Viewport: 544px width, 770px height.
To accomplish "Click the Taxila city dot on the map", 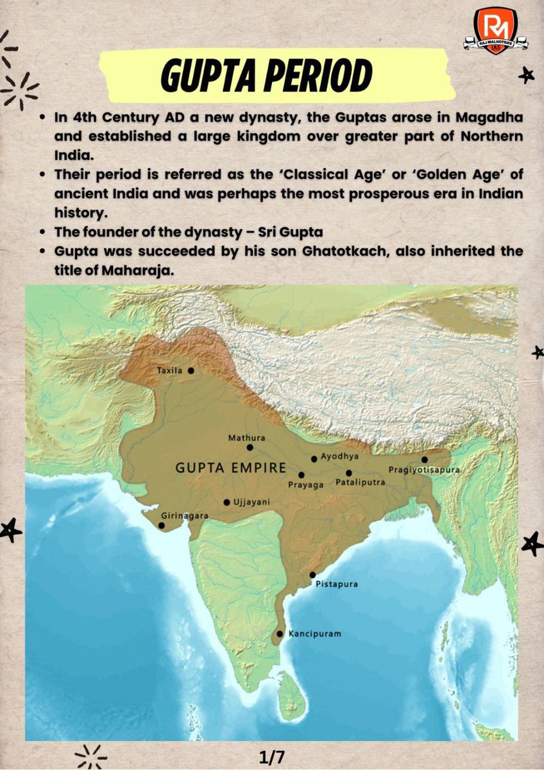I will [191, 371].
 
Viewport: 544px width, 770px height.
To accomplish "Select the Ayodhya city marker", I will [314, 459].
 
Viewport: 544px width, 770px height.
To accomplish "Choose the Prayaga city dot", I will [302, 475].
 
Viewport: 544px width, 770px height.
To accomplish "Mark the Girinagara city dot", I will [161, 526].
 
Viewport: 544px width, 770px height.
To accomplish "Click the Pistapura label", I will [337, 585].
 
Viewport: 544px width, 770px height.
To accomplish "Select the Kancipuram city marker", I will [279, 634].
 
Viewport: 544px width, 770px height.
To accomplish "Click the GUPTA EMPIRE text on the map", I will [230, 468].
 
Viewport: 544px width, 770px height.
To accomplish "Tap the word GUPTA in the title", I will [206, 76].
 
